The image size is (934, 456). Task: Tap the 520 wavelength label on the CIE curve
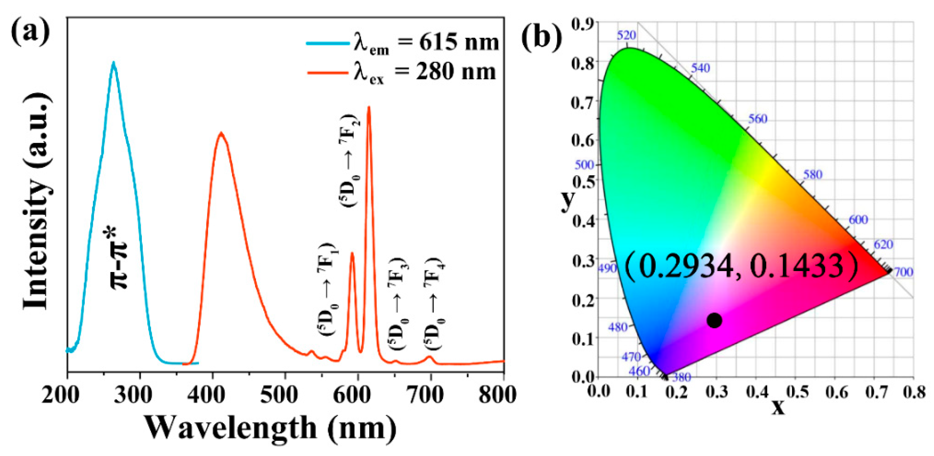627,35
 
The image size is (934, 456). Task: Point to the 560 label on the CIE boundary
758,119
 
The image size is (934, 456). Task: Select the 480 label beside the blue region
618,327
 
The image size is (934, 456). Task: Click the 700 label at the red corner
903,272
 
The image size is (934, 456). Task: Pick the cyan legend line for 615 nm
328,43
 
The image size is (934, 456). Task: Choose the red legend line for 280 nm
328,73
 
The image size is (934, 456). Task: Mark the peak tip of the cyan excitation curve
113,63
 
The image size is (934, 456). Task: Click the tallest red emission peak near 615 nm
369,107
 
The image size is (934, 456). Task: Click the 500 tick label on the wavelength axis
279,395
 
